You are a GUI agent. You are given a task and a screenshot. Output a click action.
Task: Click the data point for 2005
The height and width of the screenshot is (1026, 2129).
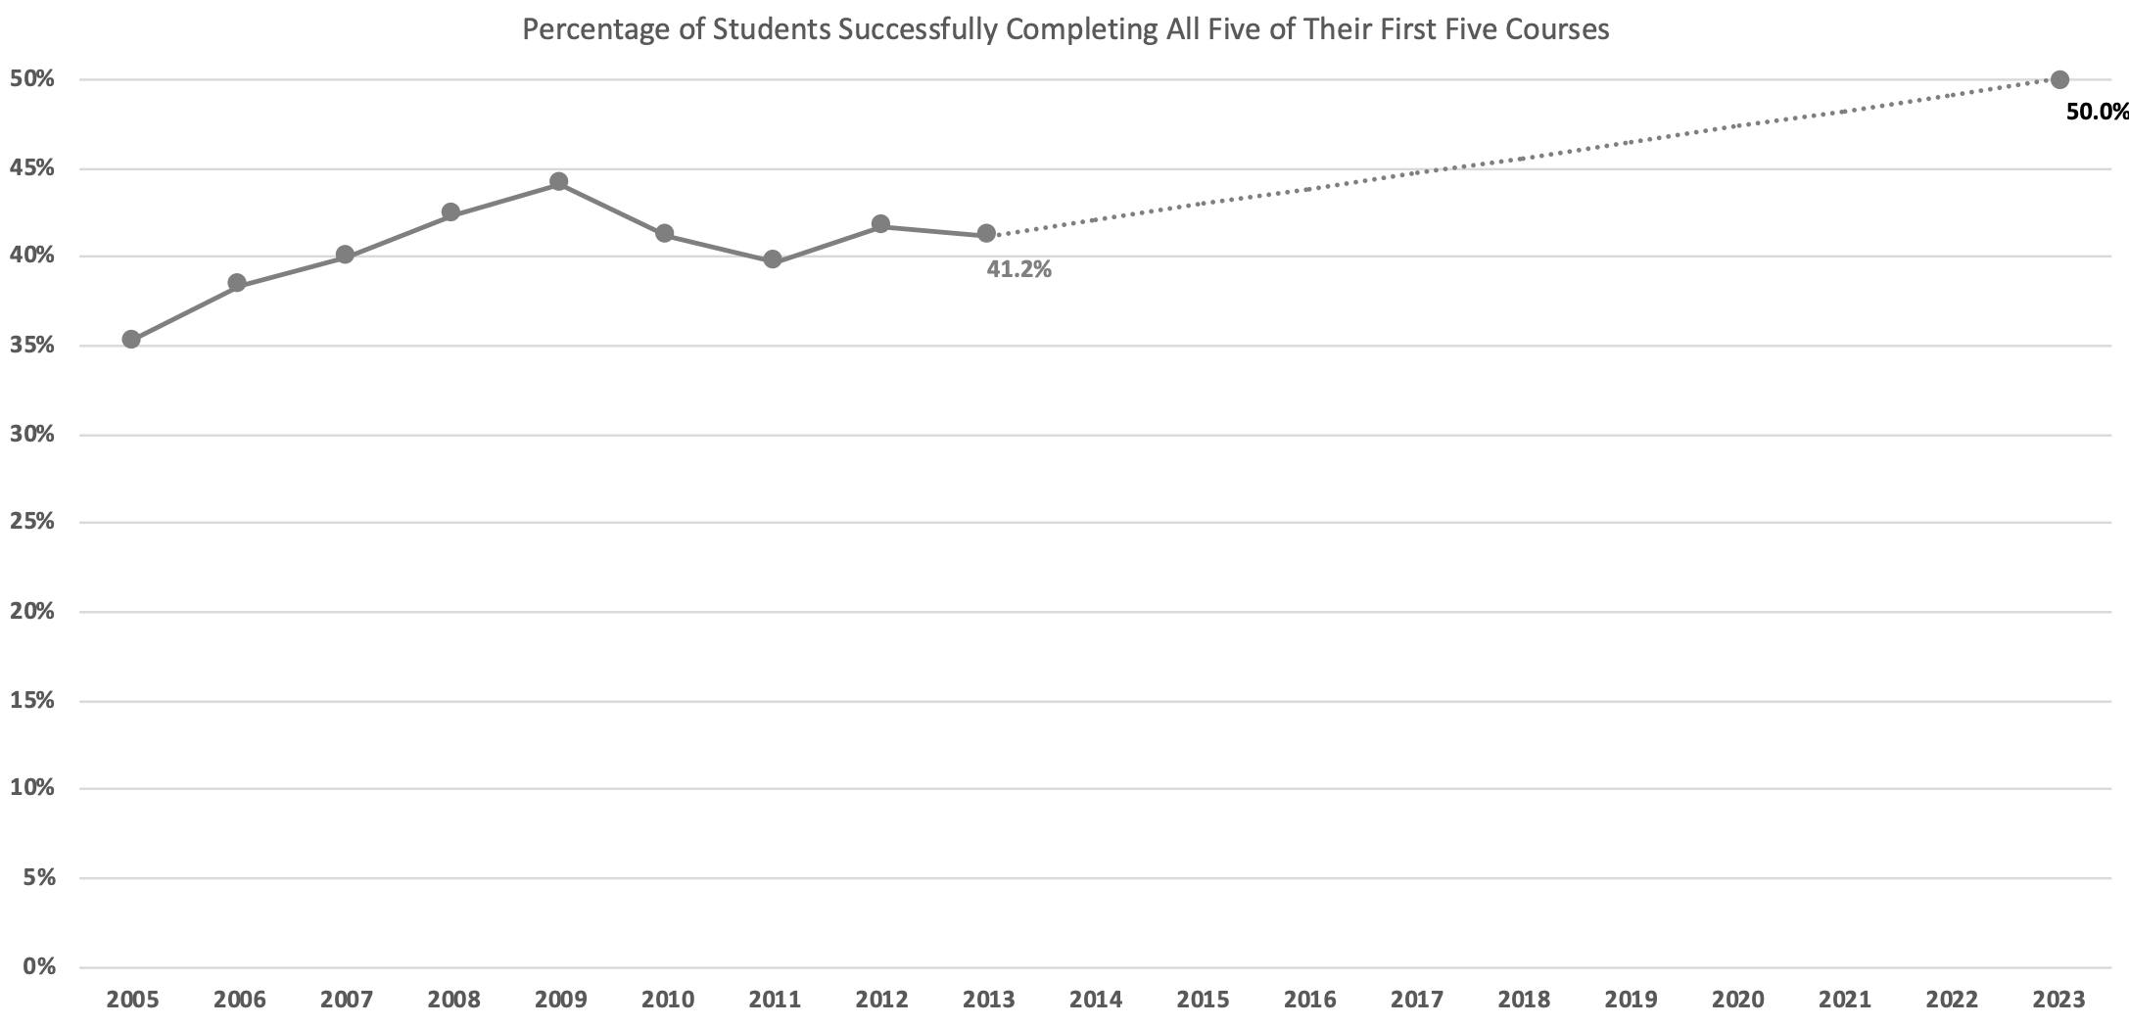(131, 340)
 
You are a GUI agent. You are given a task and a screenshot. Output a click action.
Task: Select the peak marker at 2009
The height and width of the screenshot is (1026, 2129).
(558, 181)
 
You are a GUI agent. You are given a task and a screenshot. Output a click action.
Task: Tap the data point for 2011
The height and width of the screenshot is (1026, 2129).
(773, 259)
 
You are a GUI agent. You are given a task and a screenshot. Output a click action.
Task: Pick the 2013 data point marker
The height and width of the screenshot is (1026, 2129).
(986, 234)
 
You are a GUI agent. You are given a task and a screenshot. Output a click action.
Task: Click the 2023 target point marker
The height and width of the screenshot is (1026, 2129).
(2059, 79)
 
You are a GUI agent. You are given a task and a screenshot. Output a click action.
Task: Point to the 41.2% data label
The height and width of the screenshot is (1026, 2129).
(1018, 270)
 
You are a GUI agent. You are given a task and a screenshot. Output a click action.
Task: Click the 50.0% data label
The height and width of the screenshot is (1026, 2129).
(2097, 112)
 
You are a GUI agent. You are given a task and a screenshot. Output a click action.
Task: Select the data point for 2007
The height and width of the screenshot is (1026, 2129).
(345, 256)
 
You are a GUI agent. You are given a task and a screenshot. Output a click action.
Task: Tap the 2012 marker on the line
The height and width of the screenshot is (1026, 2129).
(880, 224)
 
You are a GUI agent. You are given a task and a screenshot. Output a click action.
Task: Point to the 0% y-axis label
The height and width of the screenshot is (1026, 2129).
(38, 967)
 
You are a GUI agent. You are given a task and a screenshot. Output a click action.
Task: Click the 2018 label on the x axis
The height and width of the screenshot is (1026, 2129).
(1524, 1000)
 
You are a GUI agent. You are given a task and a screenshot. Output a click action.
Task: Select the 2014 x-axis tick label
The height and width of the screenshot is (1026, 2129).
(1096, 1000)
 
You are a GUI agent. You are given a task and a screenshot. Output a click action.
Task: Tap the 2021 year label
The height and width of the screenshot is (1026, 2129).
(1845, 1000)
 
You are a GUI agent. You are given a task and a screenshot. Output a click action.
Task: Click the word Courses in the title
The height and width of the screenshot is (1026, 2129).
(1558, 29)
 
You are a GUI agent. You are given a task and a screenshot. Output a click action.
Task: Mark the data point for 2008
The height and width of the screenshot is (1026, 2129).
(450, 212)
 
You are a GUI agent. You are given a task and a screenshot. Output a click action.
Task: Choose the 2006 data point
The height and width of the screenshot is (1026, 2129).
(237, 283)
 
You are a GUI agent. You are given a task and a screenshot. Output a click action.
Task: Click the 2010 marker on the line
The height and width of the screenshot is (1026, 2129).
(664, 233)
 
